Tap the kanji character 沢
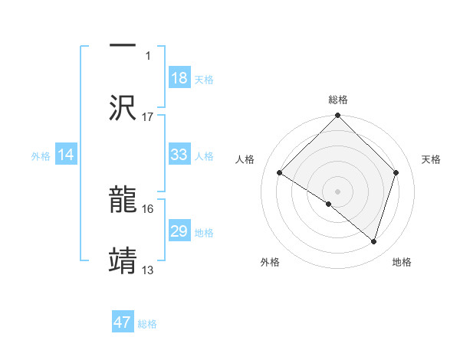point(123,107)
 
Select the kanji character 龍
point(123,200)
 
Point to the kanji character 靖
point(123,260)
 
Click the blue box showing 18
point(179,78)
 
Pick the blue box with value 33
point(179,155)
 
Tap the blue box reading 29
point(179,231)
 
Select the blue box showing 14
point(66,155)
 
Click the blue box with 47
point(123,322)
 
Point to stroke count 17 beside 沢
point(148,116)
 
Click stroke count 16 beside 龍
point(148,208)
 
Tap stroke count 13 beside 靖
point(148,270)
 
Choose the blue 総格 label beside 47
point(147,324)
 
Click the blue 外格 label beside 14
point(41,156)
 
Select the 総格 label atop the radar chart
point(338,100)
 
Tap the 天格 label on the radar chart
point(432,159)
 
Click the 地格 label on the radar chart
point(402,262)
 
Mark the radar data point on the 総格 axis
point(338,116)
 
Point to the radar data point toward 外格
point(329,205)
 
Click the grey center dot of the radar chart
point(338,191)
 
